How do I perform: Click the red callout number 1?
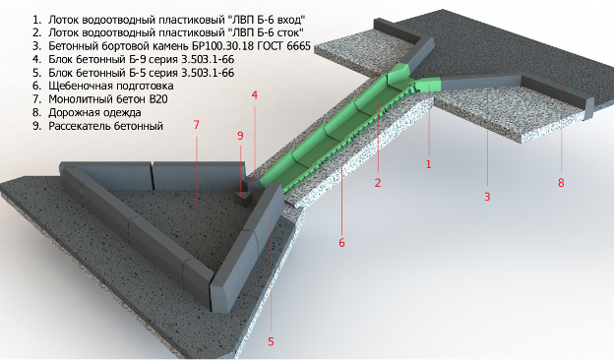pyautogui.click(x=428, y=164)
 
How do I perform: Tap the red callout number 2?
pyautogui.click(x=378, y=183)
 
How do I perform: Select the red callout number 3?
pyautogui.click(x=487, y=197)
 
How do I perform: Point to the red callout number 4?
pyautogui.click(x=255, y=95)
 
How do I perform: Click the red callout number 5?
pyautogui.click(x=271, y=341)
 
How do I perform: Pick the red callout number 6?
pyautogui.click(x=341, y=243)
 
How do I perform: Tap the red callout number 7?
pyautogui.click(x=197, y=125)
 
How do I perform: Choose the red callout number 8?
pyautogui.click(x=561, y=183)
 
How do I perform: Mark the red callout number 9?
pyautogui.click(x=240, y=136)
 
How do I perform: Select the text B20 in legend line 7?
pyautogui.click(x=158, y=99)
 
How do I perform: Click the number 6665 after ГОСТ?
pyautogui.click(x=298, y=46)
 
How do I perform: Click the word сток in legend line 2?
pyautogui.click(x=289, y=32)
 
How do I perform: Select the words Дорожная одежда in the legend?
pyautogui.click(x=94, y=113)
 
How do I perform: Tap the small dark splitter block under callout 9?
pyautogui.click(x=246, y=199)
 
